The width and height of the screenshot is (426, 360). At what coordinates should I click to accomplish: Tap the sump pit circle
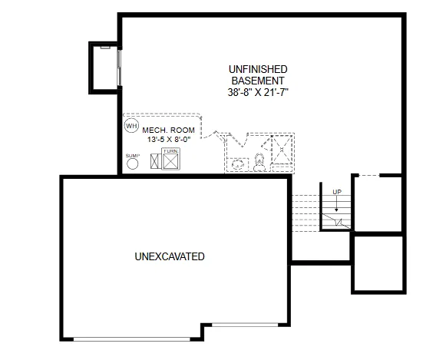(x=132, y=163)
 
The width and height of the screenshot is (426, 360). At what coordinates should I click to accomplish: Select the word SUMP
(x=132, y=155)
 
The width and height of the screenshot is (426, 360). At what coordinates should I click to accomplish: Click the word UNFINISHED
(x=257, y=69)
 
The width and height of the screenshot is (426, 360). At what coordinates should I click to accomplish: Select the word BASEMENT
(x=257, y=80)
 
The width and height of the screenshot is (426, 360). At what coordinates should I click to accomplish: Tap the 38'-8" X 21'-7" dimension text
(x=258, y=91)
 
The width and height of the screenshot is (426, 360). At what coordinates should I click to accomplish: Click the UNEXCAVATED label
(x=170, y=256)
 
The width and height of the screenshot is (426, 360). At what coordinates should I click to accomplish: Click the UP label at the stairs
(x=335, y=191)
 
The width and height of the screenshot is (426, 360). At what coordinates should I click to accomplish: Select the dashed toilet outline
(x=259, y=162)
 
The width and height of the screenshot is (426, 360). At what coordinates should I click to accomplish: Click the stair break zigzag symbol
(x=335, y=221)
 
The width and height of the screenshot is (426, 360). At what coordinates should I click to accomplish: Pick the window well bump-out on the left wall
(x=104, y=67)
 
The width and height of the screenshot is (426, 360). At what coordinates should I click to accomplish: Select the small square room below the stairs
(x=378, y=263)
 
